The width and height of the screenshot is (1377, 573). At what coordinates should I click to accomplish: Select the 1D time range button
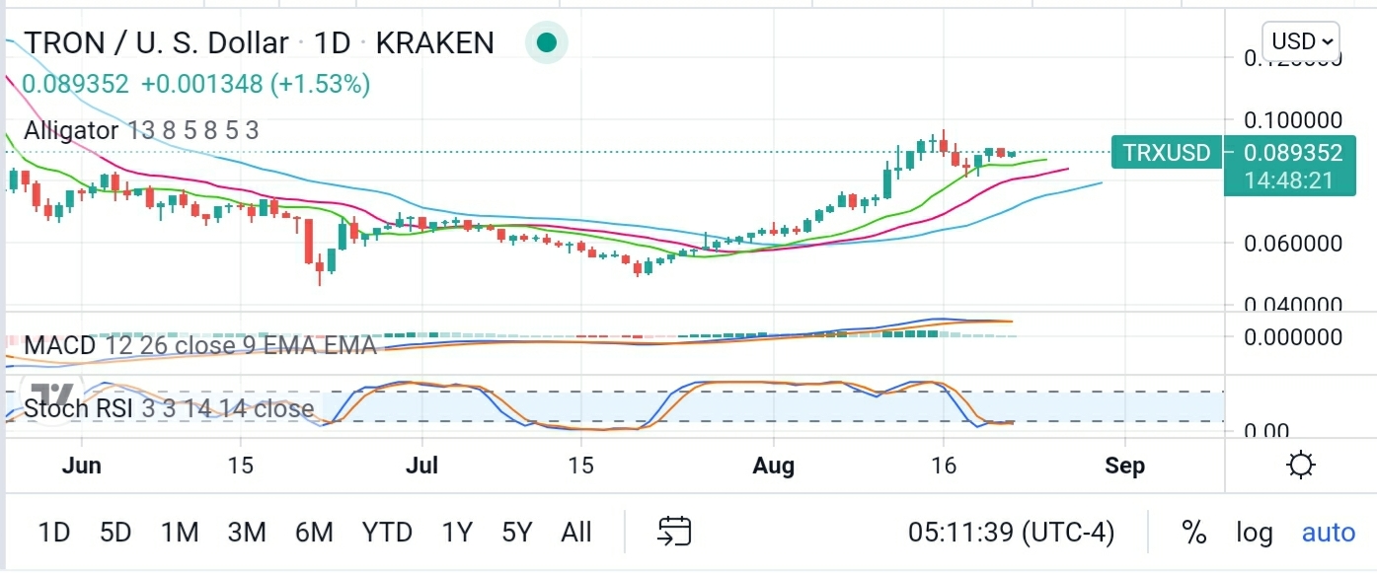pos(54,534)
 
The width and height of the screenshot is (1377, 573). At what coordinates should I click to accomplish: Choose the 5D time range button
pos(115,534)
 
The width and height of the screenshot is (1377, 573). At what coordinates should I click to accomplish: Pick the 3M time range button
pos(247,534)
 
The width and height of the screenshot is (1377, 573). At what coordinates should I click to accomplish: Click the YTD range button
pos(387,534)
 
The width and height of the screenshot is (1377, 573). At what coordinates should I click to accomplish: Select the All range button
pos(576,534)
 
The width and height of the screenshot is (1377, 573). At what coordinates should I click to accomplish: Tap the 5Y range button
pos(516,534)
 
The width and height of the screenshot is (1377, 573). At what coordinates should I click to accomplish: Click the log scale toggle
pos(1255,534)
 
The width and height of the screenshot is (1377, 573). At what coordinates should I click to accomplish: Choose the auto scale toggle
pos(1329,534)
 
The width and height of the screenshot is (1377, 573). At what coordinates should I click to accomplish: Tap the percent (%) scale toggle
pos(1194,534)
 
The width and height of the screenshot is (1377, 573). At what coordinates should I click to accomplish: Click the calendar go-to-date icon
pos(674,533)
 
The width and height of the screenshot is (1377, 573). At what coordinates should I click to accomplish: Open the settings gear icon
pos(1301,466)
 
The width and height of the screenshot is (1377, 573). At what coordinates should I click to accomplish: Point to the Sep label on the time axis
pos(1125,466)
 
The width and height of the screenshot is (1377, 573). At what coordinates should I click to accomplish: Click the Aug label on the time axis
pos(773,466)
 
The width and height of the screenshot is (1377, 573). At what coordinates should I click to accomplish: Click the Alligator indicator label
pos(141,130)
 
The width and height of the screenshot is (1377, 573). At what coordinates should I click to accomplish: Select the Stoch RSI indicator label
pos(169,408)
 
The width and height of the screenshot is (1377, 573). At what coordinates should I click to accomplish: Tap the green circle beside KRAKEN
pos(546,42)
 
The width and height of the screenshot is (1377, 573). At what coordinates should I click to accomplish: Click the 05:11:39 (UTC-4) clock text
pos(1011,534)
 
